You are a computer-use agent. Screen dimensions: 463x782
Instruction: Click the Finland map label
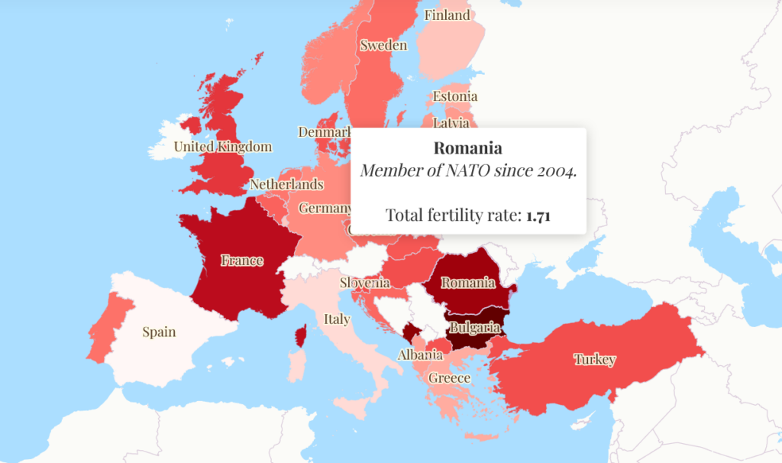[x=448, y=15]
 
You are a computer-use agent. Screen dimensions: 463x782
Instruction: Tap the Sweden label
[x=383, y=45]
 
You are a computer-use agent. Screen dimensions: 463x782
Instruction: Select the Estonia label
[x=455, y=96]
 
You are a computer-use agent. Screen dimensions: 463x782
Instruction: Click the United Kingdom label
[x=222, y=147]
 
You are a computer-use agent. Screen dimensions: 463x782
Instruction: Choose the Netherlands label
[x=286, y=185]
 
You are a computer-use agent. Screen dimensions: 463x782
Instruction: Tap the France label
[x=242, y=261]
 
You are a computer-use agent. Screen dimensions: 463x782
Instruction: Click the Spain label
[x=159, y=332]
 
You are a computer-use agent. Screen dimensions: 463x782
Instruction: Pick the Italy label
[x=337, y=319]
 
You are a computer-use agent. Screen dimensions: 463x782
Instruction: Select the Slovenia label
[x=365, y=283]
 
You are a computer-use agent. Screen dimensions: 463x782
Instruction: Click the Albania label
[x=420, y=355]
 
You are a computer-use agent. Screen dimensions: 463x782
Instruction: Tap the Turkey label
[x=595, y=360]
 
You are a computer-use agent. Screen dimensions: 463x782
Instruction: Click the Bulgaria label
[x=475, y=328]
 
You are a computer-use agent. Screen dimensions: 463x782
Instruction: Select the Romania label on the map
[x=468, y=283]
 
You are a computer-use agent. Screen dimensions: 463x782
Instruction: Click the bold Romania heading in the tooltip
[x=468, y=148]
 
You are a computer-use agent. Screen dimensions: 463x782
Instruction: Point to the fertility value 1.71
[x=538, y=215]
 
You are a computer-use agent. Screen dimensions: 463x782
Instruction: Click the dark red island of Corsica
[x=301, y=335]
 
